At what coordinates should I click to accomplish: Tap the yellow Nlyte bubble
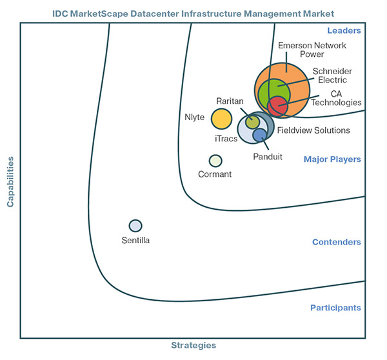pyautogui.click(x=221, y=119)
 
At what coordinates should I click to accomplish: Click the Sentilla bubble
pyautogui.click(x=135, y=225)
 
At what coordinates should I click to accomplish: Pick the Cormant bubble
pyautogui.click(x=215, y=161)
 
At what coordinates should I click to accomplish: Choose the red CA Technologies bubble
pyautogui.click(x=277, y=105)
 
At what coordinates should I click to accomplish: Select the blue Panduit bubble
pyautogui.click(x=259, y=135)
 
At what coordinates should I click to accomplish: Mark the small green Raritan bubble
pyautogui.click(x=253, y=121)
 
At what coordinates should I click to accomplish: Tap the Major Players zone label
pyautogui.click(x=332, y=159)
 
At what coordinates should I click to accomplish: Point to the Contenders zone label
pyautogui.click(x=336, y=242)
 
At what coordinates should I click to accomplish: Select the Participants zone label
pyautogui.click(x=335, y=308)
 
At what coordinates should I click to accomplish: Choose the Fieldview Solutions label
pyautogui.click(x=313, y=130)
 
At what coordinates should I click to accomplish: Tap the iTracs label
pyautogui.click(x=225, y=138)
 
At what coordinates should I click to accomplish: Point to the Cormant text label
pyautogui.click(x=215, y=174)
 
